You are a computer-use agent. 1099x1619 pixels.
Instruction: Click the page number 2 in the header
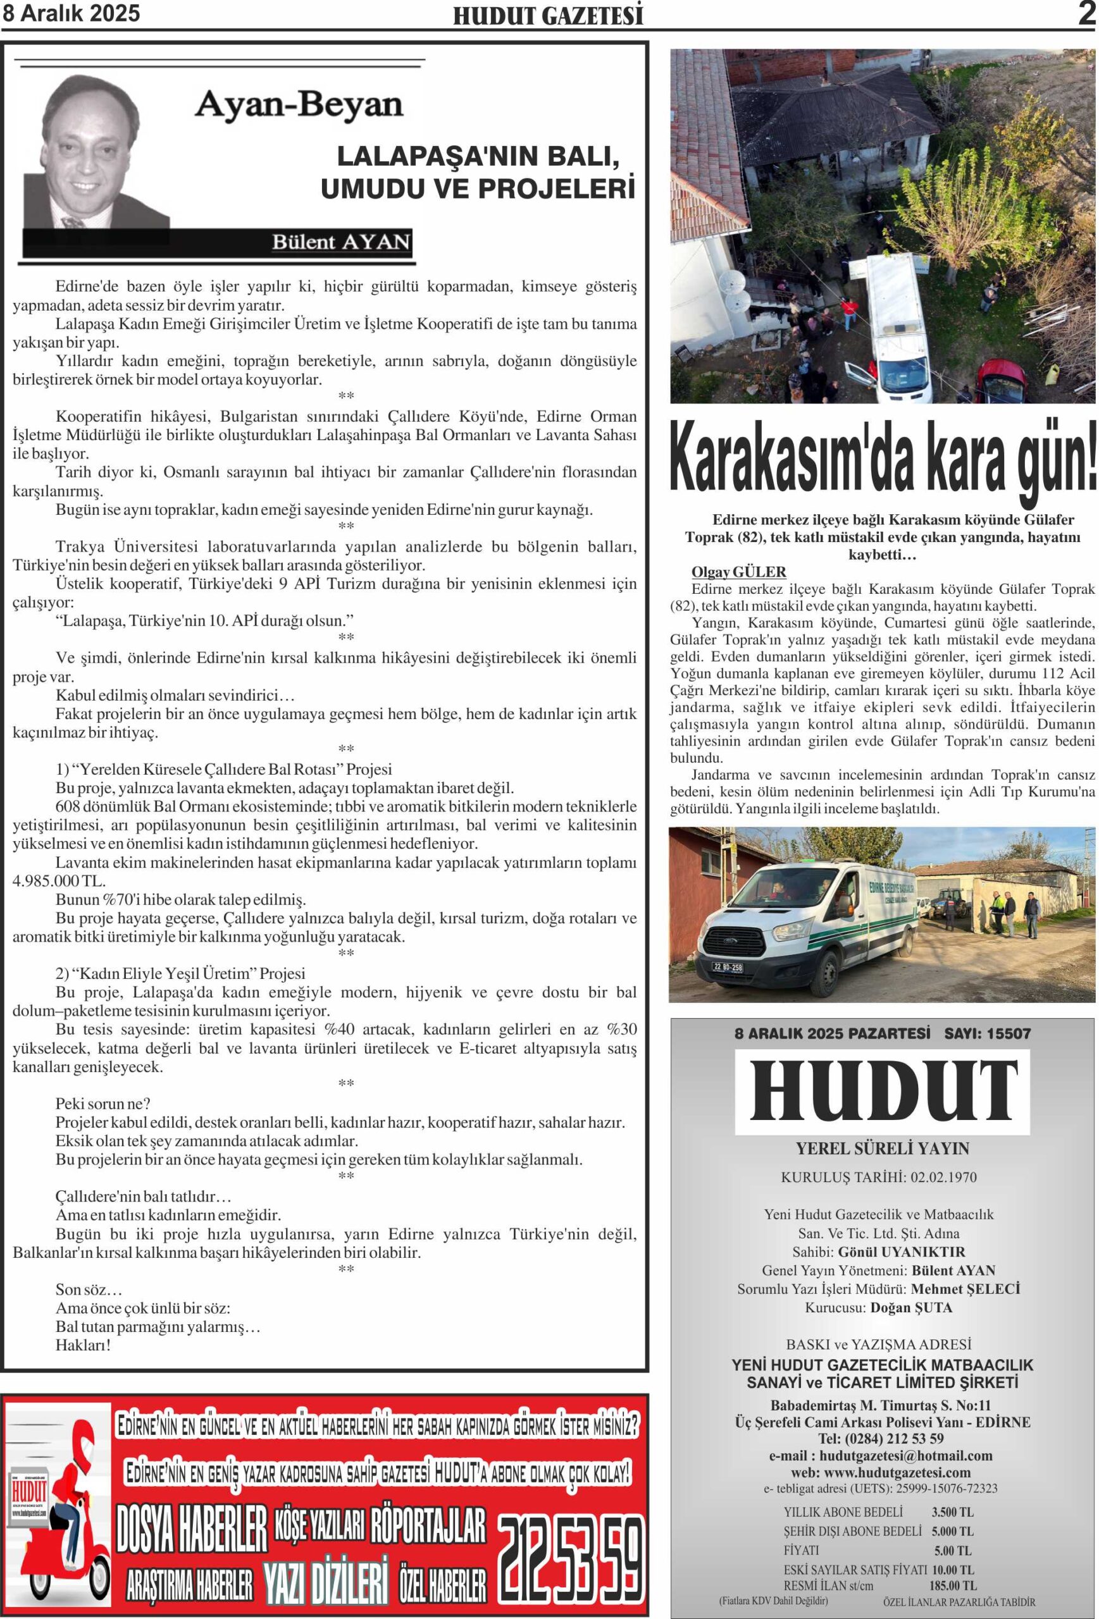click(1086, 13)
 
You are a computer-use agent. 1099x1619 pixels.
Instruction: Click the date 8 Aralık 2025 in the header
click(71, 13)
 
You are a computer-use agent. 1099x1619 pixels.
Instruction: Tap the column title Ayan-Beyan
click(298, 105)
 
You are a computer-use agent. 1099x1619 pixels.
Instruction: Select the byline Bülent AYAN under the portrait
click(340, 242)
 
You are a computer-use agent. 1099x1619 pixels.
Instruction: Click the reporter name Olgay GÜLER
click(738, 572)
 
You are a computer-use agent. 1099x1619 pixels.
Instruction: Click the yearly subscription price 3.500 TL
click(952, 1512)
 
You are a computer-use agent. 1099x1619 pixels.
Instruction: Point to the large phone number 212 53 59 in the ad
click(571, 1558)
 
